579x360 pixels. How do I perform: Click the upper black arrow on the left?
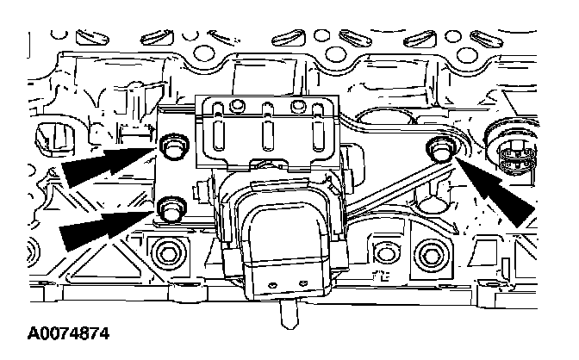103,164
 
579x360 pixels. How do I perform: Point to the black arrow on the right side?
504,194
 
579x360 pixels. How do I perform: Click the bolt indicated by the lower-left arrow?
171,208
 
